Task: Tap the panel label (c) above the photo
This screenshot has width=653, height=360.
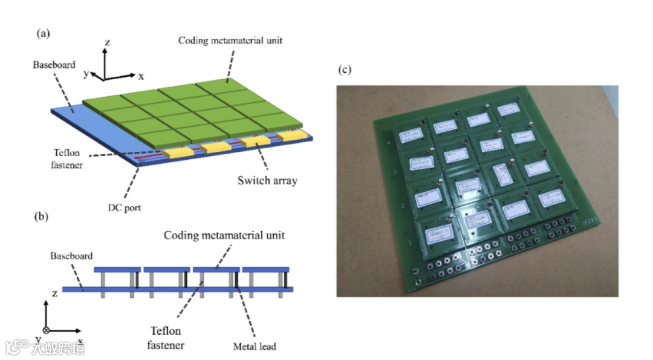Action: pos(344,70)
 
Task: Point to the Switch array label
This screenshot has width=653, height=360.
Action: pos(267,180)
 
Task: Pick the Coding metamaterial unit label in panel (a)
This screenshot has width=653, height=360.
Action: pos(230,41)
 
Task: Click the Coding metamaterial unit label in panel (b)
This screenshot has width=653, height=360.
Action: pos(224,235)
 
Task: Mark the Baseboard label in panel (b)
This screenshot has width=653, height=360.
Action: pos(72,257)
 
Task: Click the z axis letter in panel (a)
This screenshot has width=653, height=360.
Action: pos(106,42)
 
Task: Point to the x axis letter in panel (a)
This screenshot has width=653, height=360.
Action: pos(141,76)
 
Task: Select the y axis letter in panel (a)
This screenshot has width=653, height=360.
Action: pos(86,73)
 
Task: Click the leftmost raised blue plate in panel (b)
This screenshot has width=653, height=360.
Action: pos(117,269)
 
